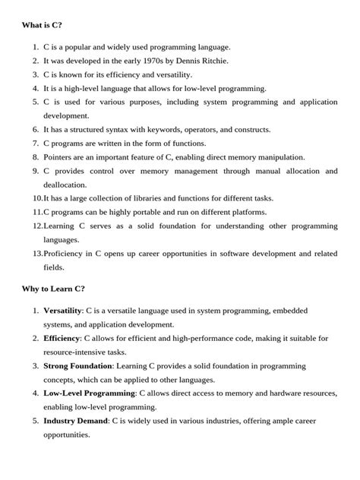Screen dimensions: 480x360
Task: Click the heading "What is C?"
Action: [43, 25]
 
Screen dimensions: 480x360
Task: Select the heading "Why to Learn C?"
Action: [53, 289]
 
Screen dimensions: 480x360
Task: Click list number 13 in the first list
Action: [36, 253]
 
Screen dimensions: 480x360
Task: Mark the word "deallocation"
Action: [66, 185]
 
